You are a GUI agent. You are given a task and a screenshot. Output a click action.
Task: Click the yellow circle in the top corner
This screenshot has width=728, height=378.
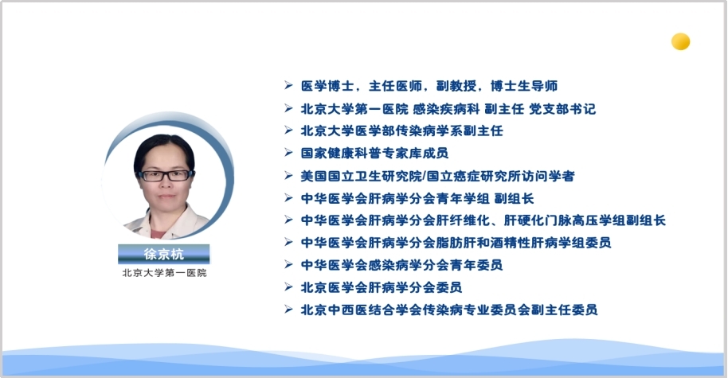[x=681, y=41]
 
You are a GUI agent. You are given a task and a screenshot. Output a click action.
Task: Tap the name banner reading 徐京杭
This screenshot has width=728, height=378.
[x=164, y=254]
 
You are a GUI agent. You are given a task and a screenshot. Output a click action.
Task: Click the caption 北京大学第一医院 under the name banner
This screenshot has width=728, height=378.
[x=164, y=273]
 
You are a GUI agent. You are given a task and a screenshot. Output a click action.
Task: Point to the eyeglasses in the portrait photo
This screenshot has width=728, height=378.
[x=165, y=175]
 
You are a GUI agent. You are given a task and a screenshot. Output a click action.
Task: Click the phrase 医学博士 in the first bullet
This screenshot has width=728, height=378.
[x=328, y=86]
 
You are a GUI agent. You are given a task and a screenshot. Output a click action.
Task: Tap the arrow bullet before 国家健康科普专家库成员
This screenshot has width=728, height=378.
[x=289, y=153]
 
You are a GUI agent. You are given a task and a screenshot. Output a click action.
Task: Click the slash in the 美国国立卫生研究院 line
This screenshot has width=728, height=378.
[x=425, y=176]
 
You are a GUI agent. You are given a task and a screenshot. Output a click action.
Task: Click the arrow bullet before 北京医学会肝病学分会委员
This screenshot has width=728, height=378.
[x=289, y=287]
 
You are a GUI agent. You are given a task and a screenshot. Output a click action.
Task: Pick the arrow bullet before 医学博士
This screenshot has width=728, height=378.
[x=289, y=85]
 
